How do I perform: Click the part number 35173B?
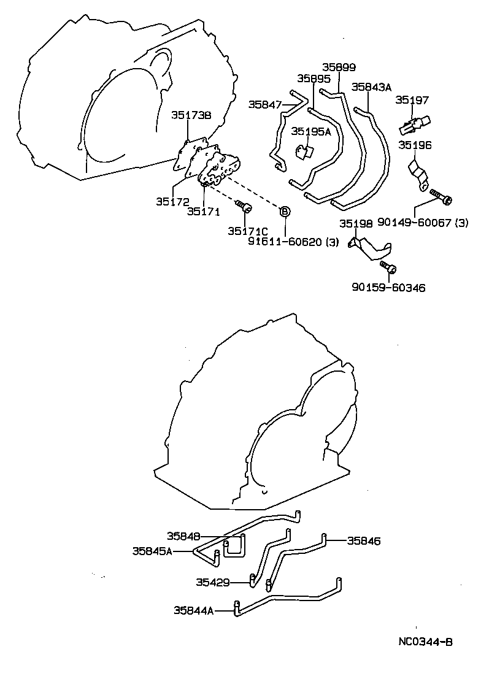191,115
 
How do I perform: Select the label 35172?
172,202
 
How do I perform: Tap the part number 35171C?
247,231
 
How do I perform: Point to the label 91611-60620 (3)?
293,242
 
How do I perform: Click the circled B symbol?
285,212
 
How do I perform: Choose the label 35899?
339,67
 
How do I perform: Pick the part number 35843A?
371,87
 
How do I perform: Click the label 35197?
412,101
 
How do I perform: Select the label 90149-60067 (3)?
423,223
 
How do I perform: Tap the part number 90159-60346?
388,288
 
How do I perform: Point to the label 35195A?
311,131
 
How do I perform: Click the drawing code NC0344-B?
425,642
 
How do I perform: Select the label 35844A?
194,610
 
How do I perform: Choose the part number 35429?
213,582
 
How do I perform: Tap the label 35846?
364,541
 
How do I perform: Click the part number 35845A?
152,551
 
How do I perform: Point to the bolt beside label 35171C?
243,205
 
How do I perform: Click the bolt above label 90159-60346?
388,266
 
